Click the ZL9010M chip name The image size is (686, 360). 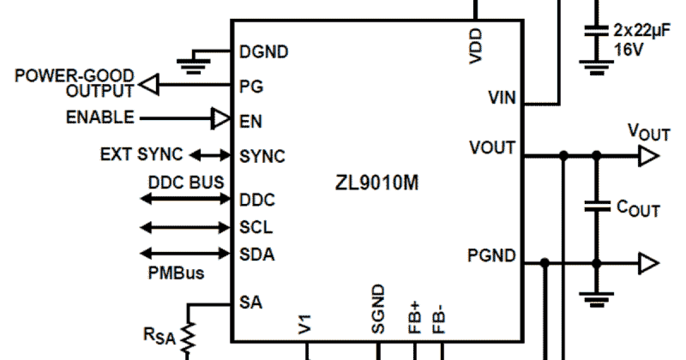click(x=377, y=185)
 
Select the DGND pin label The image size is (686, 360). click(x=264, y=52)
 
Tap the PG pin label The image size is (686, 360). click(x=251, y=87)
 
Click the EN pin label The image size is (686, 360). click(x=251, y=121)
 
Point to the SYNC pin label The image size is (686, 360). click(x=262, y=156)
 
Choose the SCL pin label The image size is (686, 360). click(x=256, y=227)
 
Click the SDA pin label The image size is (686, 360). click(x=257, y=254)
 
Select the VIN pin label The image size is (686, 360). click(x=501, y=98)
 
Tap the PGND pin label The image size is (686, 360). click(x=491, y=255)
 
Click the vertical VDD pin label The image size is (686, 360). click(x=476, y=46)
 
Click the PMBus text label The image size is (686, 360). click(x=176, y=273)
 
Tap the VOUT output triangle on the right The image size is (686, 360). click(x=648, y=155)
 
